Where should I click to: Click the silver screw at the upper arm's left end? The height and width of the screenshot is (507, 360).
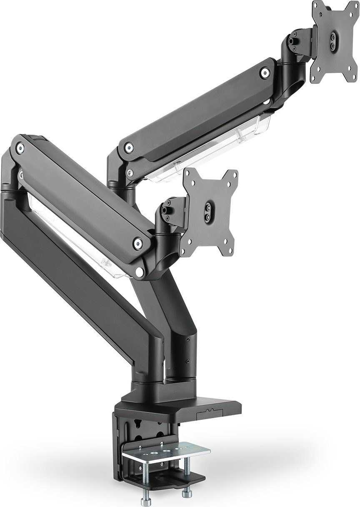(129, 147)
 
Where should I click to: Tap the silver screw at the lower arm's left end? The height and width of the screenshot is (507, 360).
(20, 146)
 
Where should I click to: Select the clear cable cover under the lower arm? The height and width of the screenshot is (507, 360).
(71, 233)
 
